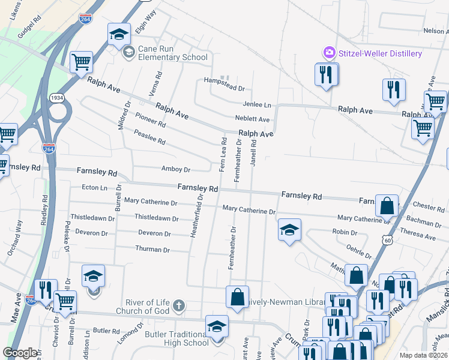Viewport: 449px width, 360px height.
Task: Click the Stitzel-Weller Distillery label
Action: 380,53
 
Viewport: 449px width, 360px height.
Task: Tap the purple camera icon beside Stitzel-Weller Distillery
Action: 329,53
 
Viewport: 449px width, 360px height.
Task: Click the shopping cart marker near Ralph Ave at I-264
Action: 80,62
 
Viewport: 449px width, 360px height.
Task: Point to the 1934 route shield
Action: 57,97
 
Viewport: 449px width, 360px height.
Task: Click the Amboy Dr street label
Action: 175,169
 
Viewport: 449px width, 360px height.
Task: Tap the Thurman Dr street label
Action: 149,249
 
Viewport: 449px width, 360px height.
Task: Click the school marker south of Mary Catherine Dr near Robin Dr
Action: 289,230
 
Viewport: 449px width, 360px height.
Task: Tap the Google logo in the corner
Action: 20,353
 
